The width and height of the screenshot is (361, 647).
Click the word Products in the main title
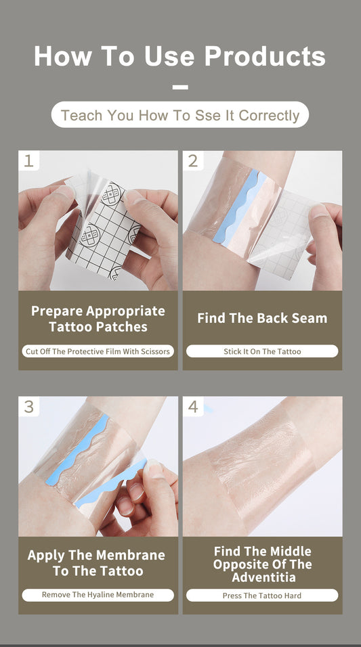265,56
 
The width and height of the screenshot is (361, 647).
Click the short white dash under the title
180,87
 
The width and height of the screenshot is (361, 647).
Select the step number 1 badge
28,161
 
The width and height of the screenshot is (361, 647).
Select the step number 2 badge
193,161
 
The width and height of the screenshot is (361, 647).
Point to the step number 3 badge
28,407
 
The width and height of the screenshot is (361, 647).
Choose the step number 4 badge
193,407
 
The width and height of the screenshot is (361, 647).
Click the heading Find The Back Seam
262,318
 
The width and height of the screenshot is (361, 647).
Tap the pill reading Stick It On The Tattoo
262,351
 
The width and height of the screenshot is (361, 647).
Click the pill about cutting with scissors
98,351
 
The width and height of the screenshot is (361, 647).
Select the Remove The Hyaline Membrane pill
98,595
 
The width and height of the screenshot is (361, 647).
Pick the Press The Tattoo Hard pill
262,596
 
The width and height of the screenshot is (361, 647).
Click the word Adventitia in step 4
262,577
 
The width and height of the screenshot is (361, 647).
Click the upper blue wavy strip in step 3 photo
91,447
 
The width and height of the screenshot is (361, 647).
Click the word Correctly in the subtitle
269,116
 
